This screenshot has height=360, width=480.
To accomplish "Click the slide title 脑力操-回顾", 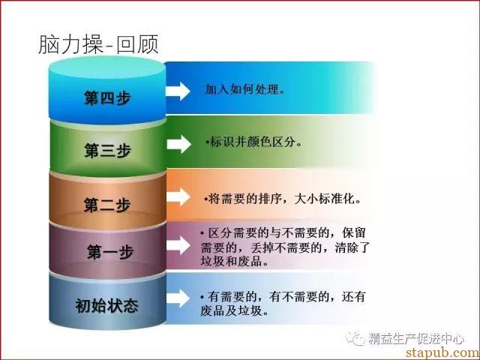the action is point(98,44).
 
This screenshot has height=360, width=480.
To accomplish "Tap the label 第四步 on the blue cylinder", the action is point(107,98).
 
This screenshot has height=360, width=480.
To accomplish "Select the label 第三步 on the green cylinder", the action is point(107,150).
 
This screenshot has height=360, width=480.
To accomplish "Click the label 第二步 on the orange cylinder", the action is point(107,205).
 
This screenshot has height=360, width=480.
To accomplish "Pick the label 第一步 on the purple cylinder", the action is point(110,252).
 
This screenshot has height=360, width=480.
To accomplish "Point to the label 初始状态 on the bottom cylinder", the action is point(106,305).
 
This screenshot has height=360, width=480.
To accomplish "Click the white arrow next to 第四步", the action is point(178,91).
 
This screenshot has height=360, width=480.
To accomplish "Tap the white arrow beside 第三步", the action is point(179,144).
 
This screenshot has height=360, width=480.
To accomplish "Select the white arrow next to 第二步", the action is point(178,196).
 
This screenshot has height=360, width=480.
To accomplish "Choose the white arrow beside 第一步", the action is point(178,245).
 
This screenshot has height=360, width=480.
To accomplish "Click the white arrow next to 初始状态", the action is point(178,298).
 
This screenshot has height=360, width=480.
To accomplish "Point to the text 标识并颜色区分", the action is point(253,142).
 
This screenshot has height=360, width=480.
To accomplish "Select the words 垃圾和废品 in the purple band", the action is point(232,261).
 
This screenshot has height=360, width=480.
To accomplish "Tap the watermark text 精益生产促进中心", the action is point(416,338).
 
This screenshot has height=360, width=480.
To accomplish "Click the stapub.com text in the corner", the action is point(442,352).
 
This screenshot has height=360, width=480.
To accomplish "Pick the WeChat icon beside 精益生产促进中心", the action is point(355,338).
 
